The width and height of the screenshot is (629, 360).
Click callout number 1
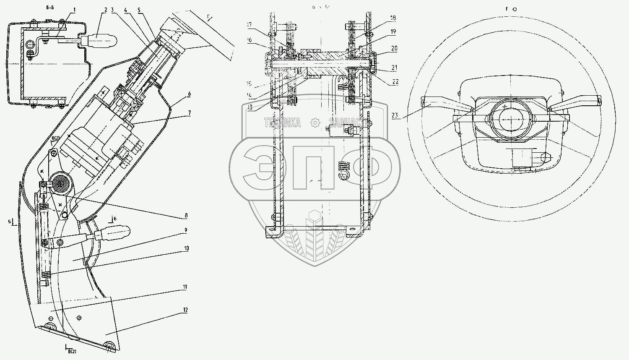[75, 9]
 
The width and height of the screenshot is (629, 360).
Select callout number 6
[189, 94]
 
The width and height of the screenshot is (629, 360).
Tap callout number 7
[189, 112]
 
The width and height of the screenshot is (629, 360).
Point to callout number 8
[185, 216]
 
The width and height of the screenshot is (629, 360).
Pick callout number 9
[185, 230]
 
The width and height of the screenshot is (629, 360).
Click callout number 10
[185, 248]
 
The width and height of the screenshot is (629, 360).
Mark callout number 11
[185, 287]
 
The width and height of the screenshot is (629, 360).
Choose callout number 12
[185, 310]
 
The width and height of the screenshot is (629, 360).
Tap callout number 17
[249, 25]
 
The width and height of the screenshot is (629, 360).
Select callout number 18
[393, 18]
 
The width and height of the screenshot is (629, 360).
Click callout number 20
[394, 48]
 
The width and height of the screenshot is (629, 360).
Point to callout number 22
[395, 81]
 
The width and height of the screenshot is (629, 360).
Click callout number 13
[250, 107]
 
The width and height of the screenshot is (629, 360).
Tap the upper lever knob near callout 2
[101, 41]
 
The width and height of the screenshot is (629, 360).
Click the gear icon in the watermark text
[315, 123]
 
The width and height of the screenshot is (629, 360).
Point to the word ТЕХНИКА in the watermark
[282, 123]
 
